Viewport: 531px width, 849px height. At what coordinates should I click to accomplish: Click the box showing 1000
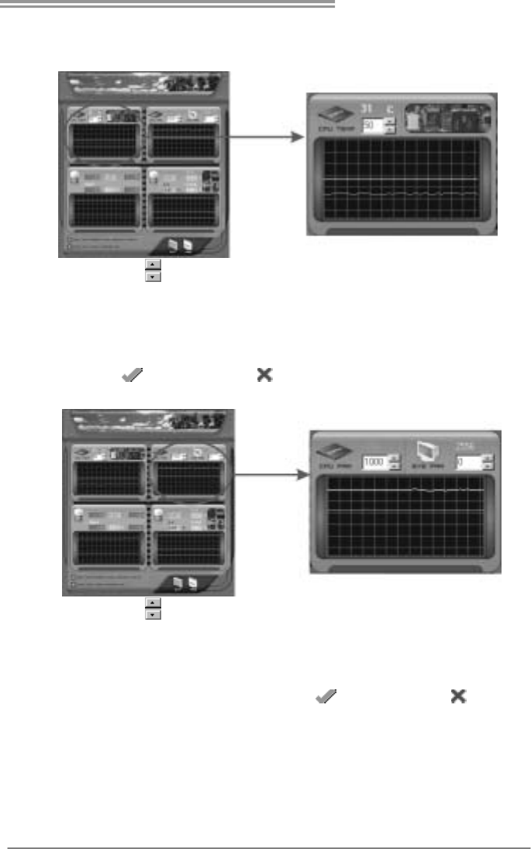tap(374, 462)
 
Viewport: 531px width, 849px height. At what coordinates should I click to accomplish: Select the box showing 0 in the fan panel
tap(467, 462)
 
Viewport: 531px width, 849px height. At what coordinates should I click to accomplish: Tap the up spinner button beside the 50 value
tap(390, 120)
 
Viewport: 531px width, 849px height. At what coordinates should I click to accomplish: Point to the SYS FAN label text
tap(426, 469)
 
